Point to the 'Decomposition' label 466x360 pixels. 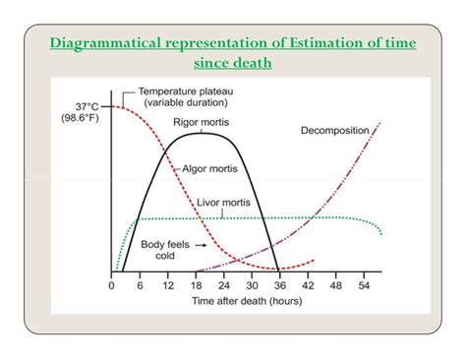pyautogui.click(x=335, y=130)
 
